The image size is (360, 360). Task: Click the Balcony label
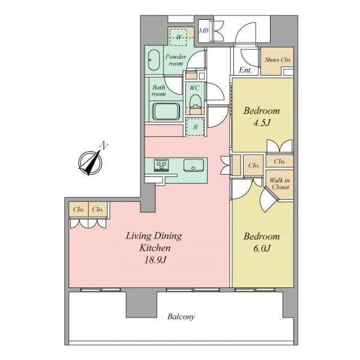click(x=181, y=317)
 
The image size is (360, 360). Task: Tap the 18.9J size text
click(x=155, y=260)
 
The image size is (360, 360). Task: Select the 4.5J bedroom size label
click(x=262, y=123)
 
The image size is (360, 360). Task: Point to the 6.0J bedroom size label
click(x=262, y=248)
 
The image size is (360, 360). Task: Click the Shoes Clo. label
click(x=278, y=59)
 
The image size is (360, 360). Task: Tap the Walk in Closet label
click(x=280, y=184)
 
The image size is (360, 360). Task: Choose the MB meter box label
click(x=203, y=31)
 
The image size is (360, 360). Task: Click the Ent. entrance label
click(x=245, y=70)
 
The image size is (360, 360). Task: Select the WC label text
click(x=194, y=88)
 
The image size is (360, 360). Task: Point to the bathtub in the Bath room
click(x=166, y=112)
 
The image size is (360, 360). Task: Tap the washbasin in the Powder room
click(x=154, y=60)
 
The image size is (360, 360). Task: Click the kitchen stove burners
click(x=161, y=165)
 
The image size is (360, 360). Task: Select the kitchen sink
click(x=194, y=166)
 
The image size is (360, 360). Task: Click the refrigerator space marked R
click(x=195, y=127)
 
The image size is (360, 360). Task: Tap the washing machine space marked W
click(x=179, y=37)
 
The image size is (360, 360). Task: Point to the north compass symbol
click(x=90, y=163)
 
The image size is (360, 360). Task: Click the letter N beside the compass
click(x=104, y=146)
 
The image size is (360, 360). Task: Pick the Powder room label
click(x=176, y=60)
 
